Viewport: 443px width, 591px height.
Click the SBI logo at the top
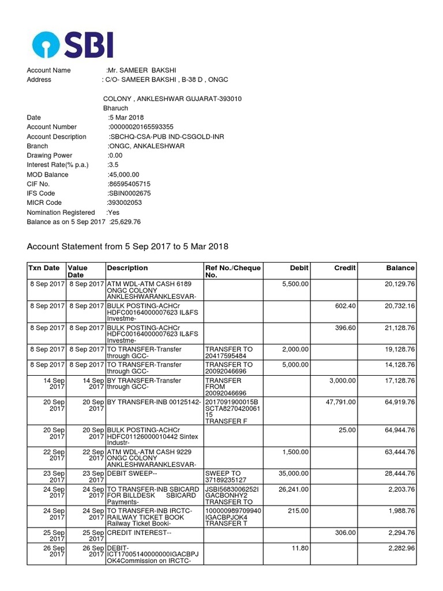(x=73, y=44)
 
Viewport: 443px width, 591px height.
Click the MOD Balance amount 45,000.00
(x=124, y=174)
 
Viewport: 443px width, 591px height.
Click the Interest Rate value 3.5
(x=113, y=165)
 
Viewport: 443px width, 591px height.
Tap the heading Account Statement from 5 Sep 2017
(x=127, y=247)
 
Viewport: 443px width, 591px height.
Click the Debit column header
(x=299, y=268)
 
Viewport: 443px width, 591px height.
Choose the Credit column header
(x=345, y=268)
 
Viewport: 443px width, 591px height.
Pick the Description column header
(x=127, y=268)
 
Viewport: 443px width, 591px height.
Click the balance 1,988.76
(x=397, y=510)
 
